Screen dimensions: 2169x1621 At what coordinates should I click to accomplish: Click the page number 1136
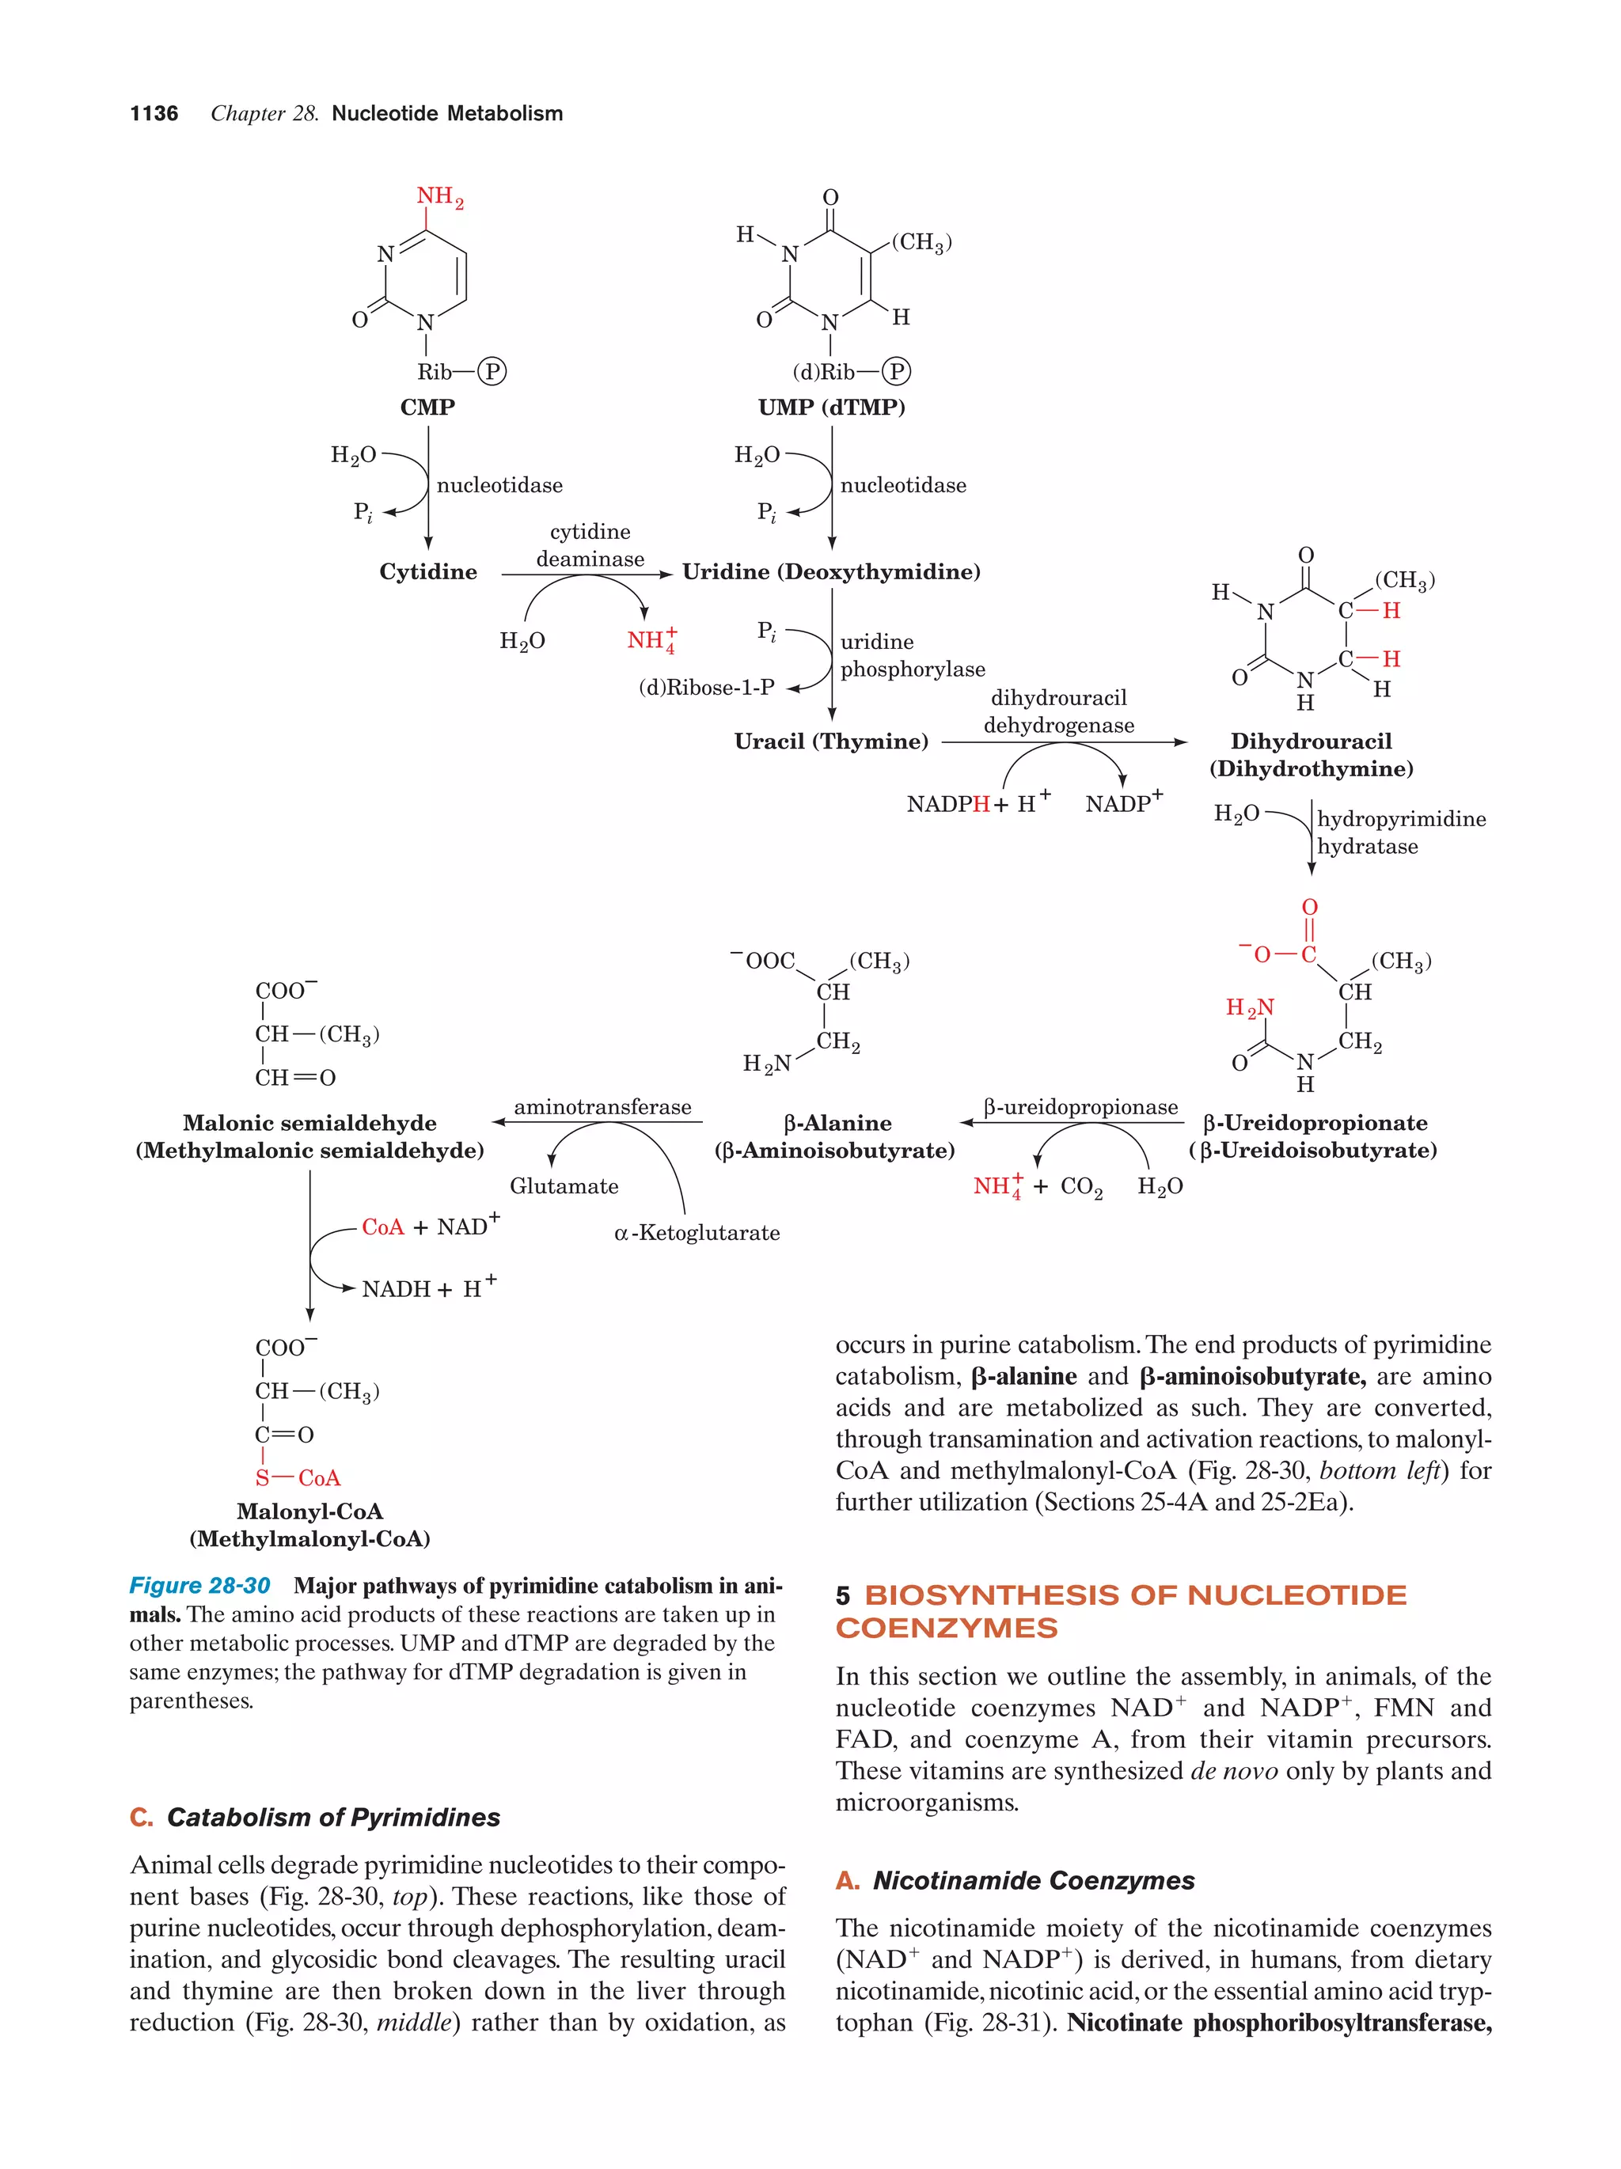[x=154, y=114]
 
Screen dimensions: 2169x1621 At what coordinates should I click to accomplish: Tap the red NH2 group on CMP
[x=439, y=197]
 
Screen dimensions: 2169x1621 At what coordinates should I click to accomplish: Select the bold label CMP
[x=427, y=407]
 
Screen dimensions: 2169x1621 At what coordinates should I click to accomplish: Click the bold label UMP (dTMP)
[x=832, y=407]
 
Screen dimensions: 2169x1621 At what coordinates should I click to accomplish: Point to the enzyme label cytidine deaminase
[x=590, y=545]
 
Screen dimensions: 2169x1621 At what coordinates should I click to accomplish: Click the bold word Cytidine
[x=428, y=571]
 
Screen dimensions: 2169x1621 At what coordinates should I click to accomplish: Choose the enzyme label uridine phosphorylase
[x=912, y=655]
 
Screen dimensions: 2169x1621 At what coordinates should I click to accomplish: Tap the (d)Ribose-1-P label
[x=706, y=688]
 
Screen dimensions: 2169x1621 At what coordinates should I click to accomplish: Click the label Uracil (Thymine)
[x=832, y=741]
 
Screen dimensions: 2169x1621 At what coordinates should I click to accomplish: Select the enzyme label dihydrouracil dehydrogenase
[x=1059, y=712]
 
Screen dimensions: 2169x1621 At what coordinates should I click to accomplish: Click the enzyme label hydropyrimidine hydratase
[x=1400, y=832]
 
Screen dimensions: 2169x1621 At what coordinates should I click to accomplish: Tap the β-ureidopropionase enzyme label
[x=1080, y=1107]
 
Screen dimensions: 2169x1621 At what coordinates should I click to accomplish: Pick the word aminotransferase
[x=603, y=1107]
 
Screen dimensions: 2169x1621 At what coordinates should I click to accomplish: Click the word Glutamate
[x=564, y=1186]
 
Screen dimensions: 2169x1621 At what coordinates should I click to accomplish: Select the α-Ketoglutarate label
[x=697, y=1233]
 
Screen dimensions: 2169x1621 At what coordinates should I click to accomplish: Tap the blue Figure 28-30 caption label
[x=200, y=1586]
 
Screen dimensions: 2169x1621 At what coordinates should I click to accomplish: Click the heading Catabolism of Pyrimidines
[x=333, y=1817]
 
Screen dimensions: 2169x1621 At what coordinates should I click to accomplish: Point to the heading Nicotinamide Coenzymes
[x=1034, y=1881]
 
